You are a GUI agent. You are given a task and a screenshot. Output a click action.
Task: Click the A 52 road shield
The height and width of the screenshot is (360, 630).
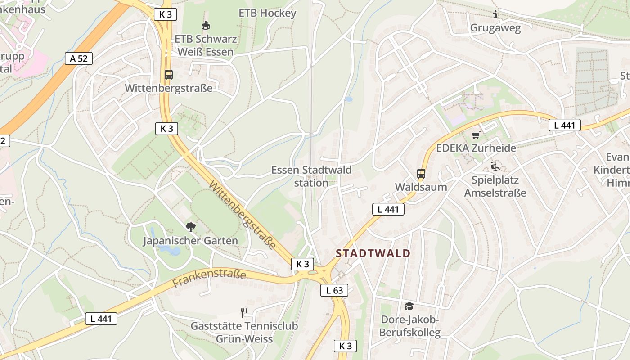point(79,58)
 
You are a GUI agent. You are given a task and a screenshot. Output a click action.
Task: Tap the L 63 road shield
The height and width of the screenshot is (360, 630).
point(334,290)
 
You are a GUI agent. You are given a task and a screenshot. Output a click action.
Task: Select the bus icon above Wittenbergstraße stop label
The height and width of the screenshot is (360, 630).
point(169,75)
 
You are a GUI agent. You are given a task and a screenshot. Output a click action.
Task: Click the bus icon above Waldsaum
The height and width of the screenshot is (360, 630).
point(421,173)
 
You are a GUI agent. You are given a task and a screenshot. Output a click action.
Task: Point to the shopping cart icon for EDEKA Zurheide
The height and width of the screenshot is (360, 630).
point(476,135)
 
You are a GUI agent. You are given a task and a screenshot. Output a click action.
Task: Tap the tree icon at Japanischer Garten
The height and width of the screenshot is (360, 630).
point(191,227)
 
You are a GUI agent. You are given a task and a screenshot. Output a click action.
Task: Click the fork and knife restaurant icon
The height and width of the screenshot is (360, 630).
point(244,312)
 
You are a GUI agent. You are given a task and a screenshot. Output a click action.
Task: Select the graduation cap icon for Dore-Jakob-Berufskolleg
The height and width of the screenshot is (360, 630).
point(409,306)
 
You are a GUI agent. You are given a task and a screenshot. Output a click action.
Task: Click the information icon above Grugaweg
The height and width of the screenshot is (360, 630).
point(495,14)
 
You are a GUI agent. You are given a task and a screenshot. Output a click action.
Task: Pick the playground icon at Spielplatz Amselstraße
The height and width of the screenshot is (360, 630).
point(495,166)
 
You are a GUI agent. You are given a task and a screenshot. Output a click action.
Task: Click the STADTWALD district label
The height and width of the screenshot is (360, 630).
point(373,253)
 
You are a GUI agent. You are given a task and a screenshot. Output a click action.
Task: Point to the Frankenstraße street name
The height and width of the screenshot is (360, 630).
point(210,278)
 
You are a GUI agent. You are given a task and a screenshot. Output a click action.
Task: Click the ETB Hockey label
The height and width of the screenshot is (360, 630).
point(267,13)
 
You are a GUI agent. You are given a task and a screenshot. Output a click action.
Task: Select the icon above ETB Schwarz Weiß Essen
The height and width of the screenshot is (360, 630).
point(206,26)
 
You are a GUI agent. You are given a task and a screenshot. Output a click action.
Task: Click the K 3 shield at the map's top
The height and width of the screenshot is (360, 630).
point(166,14)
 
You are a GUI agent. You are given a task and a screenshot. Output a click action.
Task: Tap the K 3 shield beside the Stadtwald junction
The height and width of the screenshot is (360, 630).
point(302,264)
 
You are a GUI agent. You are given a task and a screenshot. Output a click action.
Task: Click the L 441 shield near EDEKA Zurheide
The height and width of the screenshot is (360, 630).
point(564,126)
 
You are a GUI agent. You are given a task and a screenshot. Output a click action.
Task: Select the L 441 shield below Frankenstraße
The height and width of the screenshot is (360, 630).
point(101,319)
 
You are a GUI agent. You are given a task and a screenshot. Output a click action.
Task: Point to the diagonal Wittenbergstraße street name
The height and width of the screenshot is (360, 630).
point(243,215)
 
